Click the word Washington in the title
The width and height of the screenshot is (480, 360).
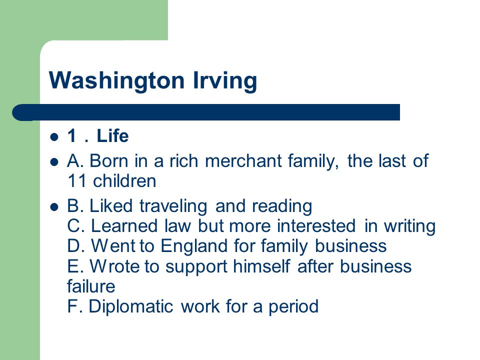coord(116,80)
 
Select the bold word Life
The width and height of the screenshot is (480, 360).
coord(112,135)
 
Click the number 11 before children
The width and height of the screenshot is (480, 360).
coord(77,180)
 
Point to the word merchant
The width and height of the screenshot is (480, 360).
coord(243,160)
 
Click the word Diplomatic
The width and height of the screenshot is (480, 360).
coord(130,306)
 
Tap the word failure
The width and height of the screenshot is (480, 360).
coord(91,286)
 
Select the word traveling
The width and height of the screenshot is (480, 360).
coord(173,206)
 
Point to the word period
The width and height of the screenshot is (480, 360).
coord(293,306)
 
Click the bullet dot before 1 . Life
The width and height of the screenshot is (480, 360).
coord(54,136)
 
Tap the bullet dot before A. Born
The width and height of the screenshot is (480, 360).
coord(54,161)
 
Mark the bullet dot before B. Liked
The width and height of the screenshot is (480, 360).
coord(54,207)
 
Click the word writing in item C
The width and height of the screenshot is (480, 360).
coord(410,226)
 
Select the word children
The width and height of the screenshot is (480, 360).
coord(124,180)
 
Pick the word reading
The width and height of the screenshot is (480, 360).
coord(282,206)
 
